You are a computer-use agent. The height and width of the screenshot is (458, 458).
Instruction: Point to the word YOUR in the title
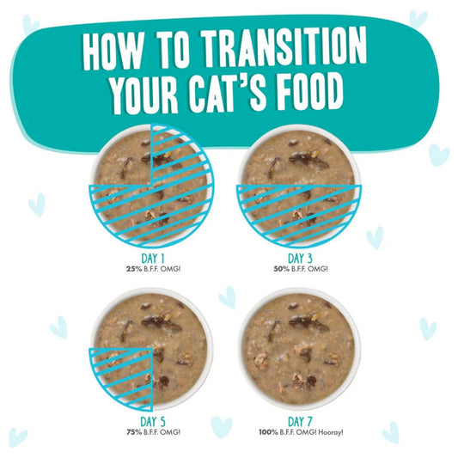coord(145,93)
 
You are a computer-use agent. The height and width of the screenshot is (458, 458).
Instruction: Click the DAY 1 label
coord(153,259)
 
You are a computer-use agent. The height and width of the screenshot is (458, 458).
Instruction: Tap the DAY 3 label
coord(300,259)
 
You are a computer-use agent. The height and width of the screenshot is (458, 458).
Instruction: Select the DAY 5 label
coord(153,422)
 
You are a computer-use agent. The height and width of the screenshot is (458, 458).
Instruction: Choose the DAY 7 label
coord(300,422)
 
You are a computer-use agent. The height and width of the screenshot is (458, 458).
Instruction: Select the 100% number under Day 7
coord(268,432)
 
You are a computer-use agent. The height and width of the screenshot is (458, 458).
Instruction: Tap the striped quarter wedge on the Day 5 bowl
coord(124,377)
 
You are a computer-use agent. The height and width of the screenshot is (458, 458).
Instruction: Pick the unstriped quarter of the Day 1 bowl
coord(124,158)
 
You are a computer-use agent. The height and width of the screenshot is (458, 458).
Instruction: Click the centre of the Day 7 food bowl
coord(299,348)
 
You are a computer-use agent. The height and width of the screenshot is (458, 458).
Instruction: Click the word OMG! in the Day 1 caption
coord(171,269)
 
